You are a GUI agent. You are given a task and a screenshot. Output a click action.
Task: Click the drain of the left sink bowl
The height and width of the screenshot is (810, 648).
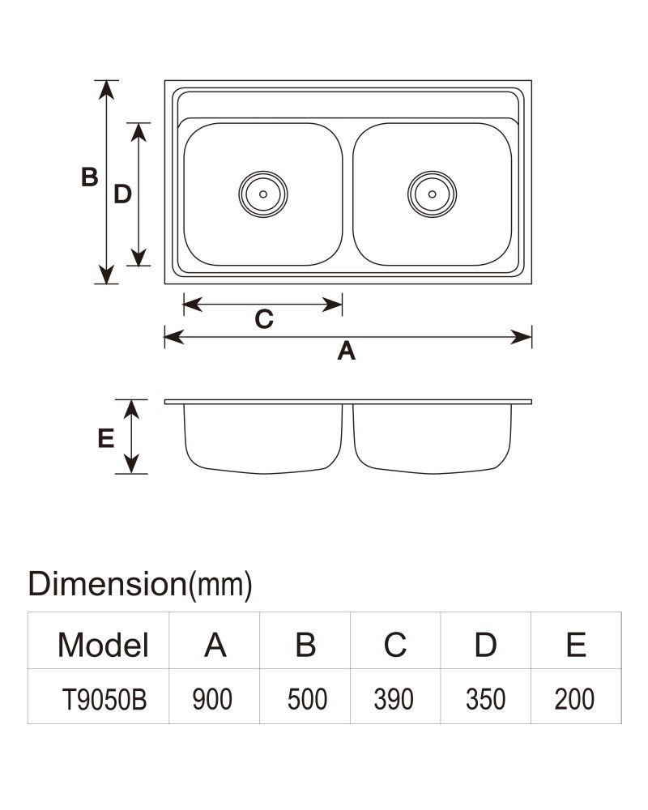[x=263, y=194]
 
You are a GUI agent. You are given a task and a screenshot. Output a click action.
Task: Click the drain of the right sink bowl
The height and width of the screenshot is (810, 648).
[x=432, y=194]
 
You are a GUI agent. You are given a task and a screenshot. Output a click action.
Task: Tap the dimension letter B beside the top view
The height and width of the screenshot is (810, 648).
[x=89, y=177]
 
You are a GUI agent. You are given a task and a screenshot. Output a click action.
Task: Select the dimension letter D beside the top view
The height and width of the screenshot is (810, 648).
[x=122, y=194]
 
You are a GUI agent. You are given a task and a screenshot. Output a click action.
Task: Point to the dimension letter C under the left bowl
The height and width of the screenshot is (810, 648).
[x=263, y=319]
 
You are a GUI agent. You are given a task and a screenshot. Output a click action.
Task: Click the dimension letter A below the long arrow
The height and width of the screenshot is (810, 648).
[x=346, y=351]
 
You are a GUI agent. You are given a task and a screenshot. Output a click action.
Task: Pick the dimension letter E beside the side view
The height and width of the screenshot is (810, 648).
[x=106, y=438]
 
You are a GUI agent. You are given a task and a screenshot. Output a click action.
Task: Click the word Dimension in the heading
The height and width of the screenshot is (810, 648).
[x=107, y=584]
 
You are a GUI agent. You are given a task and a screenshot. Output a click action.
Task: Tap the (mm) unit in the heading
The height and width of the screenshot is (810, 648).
[x=220, y=586]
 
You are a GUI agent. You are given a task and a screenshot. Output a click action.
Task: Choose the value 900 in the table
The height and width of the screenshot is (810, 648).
[x=212, y=700]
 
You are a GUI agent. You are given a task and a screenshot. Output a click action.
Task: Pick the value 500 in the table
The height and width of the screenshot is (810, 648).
[x=307, y=700]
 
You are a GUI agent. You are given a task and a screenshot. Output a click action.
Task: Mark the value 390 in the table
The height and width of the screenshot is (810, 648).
[x=394, y=700]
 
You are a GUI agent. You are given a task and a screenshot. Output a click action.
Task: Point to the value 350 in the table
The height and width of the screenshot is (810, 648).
[x=485, y=700]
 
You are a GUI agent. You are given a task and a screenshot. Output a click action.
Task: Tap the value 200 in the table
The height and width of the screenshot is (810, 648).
[x=574, y=700]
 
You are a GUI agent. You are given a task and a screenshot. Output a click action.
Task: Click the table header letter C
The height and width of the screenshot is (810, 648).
[x=394, y=645]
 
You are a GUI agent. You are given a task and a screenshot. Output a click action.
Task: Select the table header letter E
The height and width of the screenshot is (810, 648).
[x=576, y=645]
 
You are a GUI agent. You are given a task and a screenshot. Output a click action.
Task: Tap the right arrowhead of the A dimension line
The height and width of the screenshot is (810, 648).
[x=521, y=337]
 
